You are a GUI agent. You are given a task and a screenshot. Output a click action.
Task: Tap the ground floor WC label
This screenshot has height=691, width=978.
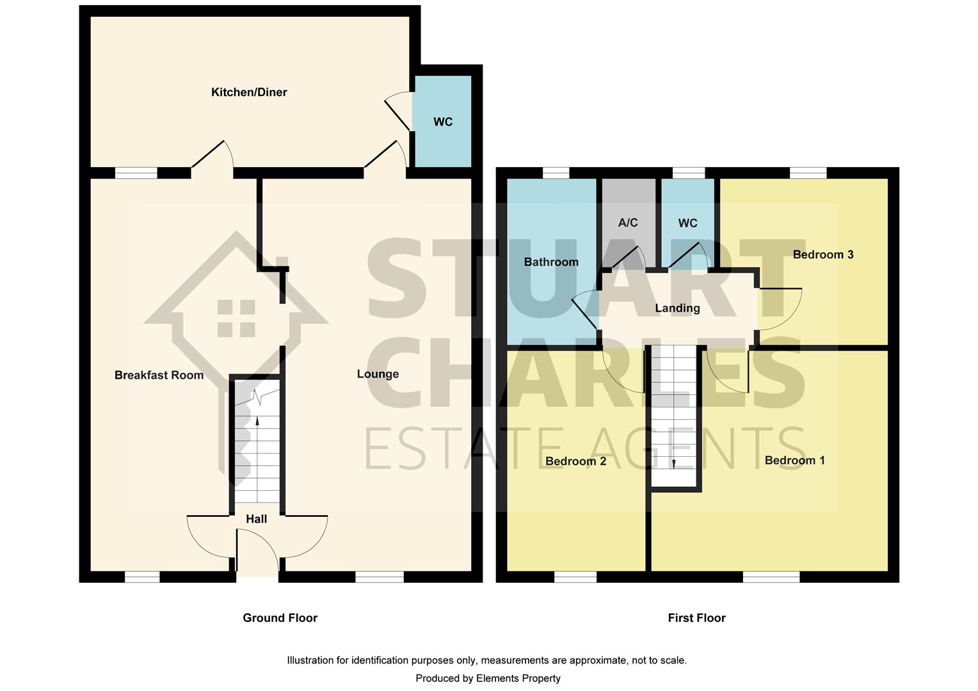click(443, 122)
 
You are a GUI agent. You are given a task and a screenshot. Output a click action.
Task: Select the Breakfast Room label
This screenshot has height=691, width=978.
click(159, 375)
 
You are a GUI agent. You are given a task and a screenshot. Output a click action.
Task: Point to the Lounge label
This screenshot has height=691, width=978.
click(378, 374)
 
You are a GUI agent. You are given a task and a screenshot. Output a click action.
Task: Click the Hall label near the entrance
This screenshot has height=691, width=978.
click(257, 519)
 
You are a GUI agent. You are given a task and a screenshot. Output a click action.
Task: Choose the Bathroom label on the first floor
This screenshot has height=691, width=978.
click(551, 262)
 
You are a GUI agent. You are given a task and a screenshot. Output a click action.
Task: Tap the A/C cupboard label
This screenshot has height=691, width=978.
click(628, 223)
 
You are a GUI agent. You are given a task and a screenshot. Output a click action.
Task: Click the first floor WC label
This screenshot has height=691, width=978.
click(687, 223)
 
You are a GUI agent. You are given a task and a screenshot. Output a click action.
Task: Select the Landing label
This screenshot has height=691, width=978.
click(677, 308)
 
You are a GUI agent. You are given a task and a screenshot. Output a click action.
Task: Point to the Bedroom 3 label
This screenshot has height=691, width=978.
click(822, 255)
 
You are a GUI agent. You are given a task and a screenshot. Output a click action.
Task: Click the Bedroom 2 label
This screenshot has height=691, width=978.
click(575, 461)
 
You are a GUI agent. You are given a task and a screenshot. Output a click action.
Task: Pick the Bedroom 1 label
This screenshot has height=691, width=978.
click(794, 461)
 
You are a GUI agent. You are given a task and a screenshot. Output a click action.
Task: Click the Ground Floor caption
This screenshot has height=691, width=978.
click(280, 618)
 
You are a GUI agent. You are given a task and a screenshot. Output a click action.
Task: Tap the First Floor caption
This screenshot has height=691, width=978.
click(696, 618)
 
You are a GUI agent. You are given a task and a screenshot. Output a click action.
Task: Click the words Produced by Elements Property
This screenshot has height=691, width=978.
click(488, 678)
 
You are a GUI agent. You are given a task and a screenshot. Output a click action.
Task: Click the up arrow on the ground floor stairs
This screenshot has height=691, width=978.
click(257, 421)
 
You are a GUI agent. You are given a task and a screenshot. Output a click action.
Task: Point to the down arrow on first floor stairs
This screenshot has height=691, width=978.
click(673, 463)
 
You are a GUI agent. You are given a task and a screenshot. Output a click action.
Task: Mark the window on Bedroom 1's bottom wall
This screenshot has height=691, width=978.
click(771, 577)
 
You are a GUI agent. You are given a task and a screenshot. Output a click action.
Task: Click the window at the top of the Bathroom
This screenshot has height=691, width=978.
click(556, 173)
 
